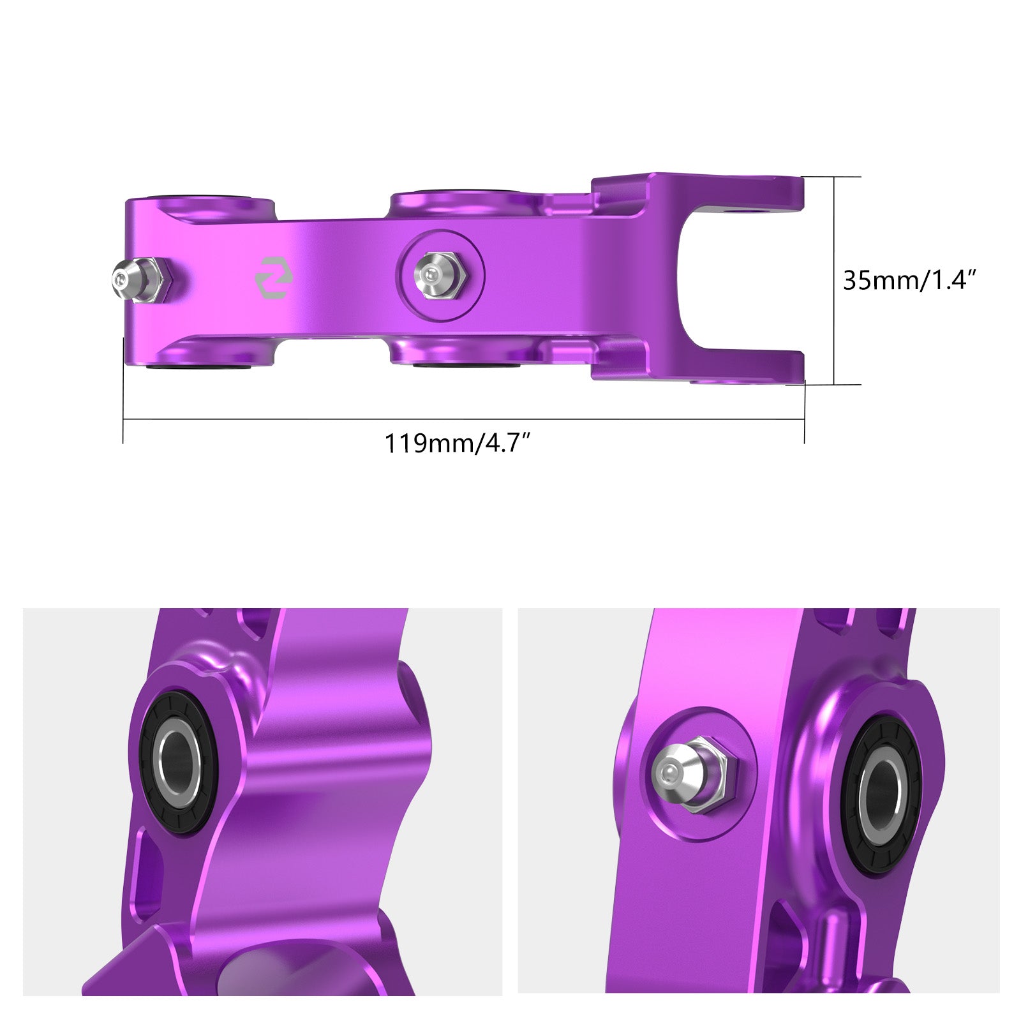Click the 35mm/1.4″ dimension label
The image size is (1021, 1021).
910,280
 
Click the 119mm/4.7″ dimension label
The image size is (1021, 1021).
457,443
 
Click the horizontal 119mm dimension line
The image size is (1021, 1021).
574,419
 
